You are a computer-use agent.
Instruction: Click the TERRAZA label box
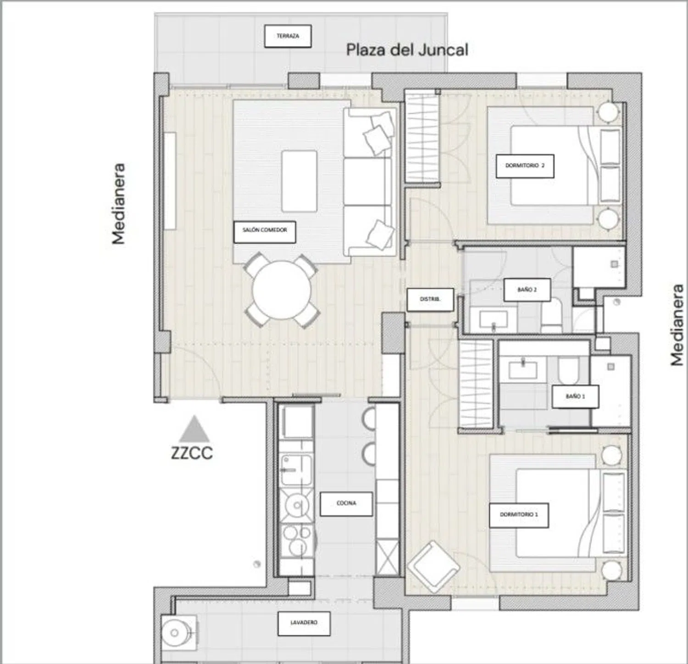[x=288, y=36]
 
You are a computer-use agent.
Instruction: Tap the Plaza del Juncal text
[x=407, y=50]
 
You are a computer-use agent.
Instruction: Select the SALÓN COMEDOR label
[x=265, y=232]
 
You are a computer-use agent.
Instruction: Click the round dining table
[x=282, y=290]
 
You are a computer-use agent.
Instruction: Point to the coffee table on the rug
[x=299, y=181]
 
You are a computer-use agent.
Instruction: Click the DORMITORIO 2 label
[x=525, y=166]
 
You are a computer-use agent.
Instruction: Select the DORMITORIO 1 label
[x=519, y=515]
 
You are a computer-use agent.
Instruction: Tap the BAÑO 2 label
[x=527, y=290]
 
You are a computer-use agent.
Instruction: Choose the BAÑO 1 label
[x=575, y=396]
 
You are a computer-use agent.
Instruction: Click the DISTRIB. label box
[x=430, y=300]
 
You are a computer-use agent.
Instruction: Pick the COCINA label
[x=346, y=504]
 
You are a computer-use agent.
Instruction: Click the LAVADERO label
[x=304, y=623]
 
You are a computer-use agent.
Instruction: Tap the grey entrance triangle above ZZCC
[x=194, y=430]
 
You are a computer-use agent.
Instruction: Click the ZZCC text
[x=192, y=453]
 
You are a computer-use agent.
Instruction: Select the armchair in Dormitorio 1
[x=433, y=567]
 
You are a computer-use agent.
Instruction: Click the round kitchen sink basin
[x=297, y=505]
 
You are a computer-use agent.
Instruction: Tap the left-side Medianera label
[x=118, y=204]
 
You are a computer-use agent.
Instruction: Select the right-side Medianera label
[x=677, y=325]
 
